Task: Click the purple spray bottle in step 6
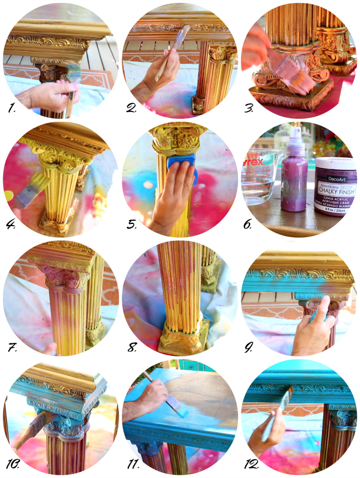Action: pos(293,179)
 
